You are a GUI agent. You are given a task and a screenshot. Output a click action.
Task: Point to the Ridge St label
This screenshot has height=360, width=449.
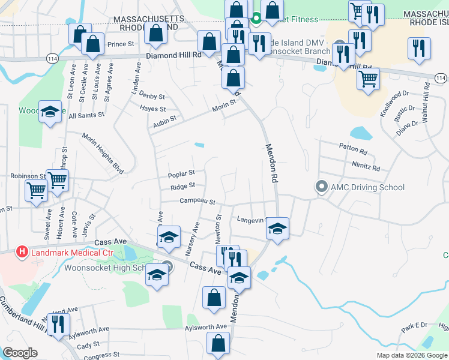click(183, 187)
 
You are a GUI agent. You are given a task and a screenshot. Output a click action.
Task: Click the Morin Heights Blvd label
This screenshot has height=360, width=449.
click(103, 154)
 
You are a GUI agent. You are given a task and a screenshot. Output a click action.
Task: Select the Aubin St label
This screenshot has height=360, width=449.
click(164, 119)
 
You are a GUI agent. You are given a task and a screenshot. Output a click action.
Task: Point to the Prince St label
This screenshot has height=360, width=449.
click(121, 44)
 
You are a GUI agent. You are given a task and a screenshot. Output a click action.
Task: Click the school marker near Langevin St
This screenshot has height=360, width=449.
click(277, 229)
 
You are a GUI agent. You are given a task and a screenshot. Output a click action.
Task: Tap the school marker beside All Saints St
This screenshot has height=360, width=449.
click(50, 112)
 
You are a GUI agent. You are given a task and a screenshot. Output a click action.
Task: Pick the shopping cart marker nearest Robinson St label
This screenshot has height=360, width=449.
click(57, 179)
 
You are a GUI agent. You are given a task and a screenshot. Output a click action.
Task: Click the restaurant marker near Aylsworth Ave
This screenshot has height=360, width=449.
click(58, 325)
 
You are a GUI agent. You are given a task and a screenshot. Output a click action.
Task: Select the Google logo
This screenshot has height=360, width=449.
click(20, 353)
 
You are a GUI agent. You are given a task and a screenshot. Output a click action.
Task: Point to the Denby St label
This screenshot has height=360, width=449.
click(151, 95)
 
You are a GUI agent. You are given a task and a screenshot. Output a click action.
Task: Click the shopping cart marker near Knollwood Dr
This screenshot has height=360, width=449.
click(368, 78)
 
